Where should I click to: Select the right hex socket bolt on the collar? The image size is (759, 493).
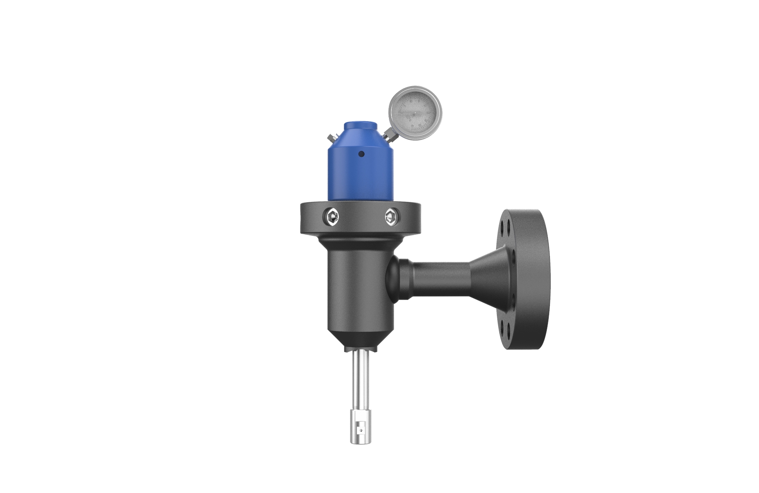click(392, 216)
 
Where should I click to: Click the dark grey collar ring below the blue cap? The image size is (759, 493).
click(361, 227)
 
